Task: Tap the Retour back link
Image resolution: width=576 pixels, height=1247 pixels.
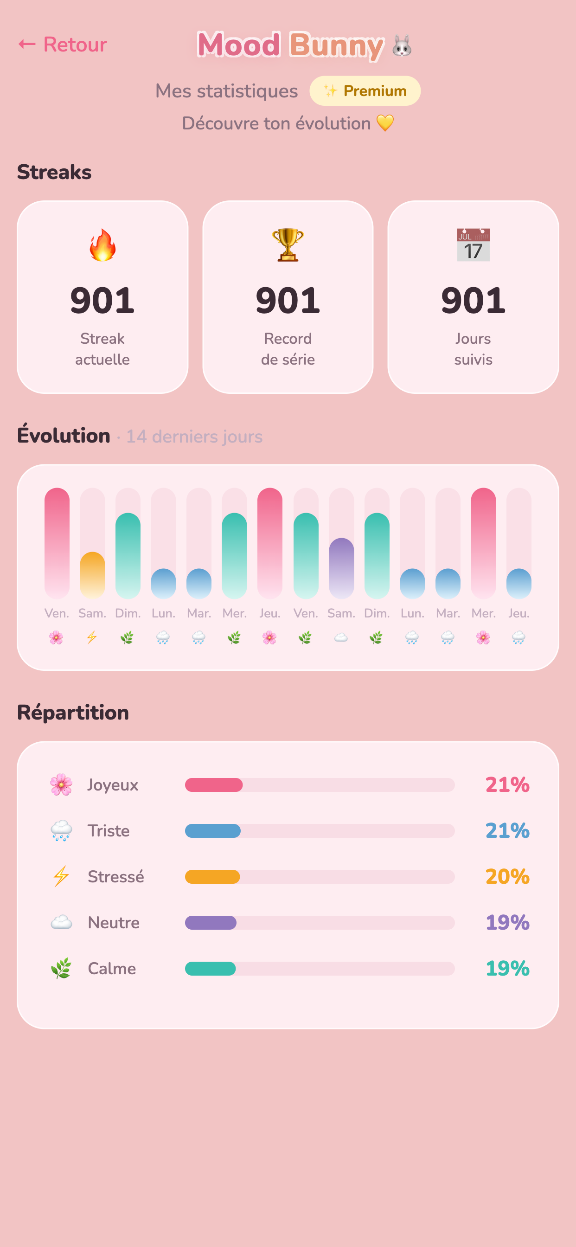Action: pyautogui.click(x=63, y=45)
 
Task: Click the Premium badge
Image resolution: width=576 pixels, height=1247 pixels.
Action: pyautogui.click(x=365, y=91)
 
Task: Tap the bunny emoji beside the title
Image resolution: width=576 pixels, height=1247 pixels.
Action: pyautogui.click(x=402, y=46)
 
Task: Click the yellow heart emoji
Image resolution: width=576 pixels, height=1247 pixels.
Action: pyautogui.click(x=385, y=123)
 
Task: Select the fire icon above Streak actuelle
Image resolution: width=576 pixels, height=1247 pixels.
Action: pyautogui.click(x=102, y=245)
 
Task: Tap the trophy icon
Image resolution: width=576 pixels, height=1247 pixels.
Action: pyautogui.click(x=288, y=245)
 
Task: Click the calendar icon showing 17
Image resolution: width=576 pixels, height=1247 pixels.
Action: pyautogui.click(x=474, y=245)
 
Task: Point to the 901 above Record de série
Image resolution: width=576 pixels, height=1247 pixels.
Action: pyautogui.click(x=288, y=301)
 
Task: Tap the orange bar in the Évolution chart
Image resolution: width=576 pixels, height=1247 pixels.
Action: pyautogui.click(x=92, y=575)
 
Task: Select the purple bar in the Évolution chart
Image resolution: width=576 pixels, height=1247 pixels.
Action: pyautogui.click(x=341, y=568)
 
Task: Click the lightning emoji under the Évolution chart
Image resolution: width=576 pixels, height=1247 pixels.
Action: pyautogui.click(x=92, y=637)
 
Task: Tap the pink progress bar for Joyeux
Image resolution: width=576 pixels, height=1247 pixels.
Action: pyautogui.click(x=214, y=784)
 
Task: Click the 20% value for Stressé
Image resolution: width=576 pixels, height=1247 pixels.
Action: pyautogui.click(x=507, y=877)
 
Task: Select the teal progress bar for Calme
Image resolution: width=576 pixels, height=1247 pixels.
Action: pyautogui.click(x=211, y=969)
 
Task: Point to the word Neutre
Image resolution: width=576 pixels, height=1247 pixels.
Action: pyautogui.click(x=114, y=923)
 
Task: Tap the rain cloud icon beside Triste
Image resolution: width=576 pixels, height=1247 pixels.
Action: pyautogui.click(x=62, y=831)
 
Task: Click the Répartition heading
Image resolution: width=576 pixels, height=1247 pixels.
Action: pyautogui.click(x=73, y=713)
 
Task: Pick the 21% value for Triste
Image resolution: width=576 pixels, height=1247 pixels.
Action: pyautogui.click(x=507, y=831)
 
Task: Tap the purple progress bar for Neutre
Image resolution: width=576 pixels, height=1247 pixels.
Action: pyautogui.click(x=211, y=923)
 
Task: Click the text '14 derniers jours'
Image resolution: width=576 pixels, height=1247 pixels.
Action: pyautogui.click(x=195, y=437)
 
